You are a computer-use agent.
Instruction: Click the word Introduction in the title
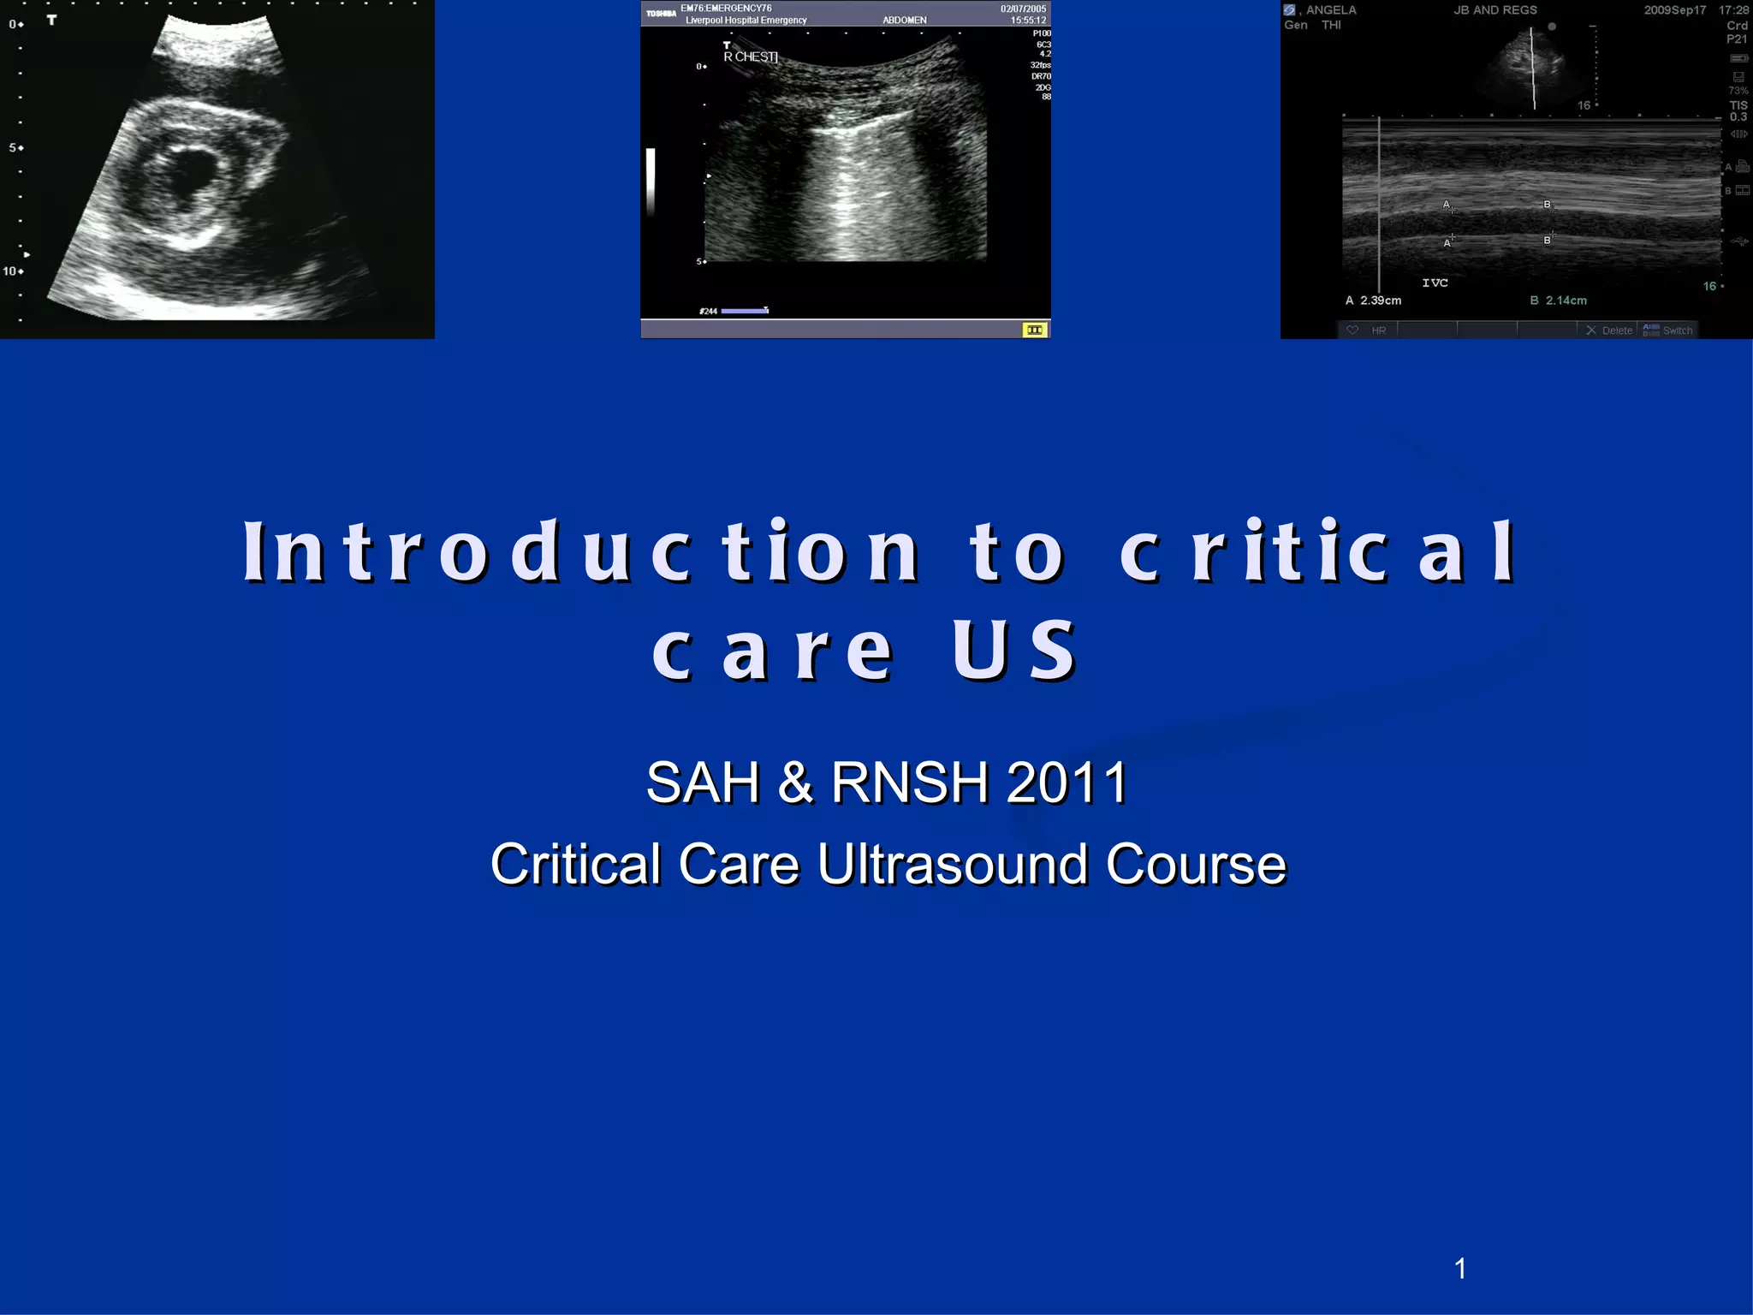point(582,552)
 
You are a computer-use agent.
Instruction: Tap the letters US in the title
point(1014,651)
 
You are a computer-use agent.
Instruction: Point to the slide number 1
point(1460,1269)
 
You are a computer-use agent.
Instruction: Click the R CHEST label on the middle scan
point(751,57)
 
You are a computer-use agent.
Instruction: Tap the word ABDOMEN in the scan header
point(905,20)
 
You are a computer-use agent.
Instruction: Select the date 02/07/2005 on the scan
point(1023,9)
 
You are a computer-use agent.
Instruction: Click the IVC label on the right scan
point(1435,283)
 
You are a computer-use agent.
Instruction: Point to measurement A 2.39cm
point(1374,300)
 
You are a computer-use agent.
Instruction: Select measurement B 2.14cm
point(1559,300)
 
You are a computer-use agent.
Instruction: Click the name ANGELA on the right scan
point(1331,10)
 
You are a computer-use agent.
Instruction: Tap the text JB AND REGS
point(1495,10)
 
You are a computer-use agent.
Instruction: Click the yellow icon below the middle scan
point(1035,330)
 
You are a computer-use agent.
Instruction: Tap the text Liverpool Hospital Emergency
point(746,20)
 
